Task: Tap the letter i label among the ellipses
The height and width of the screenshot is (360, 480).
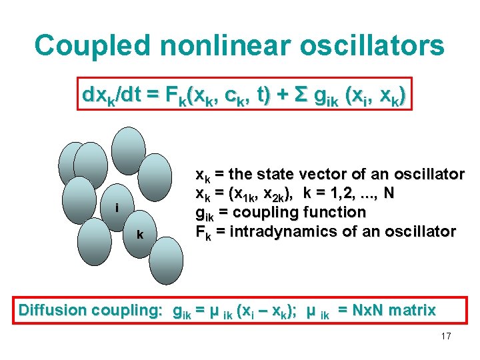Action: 117,208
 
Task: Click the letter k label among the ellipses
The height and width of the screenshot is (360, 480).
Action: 140,234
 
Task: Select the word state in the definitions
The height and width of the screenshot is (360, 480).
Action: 281,175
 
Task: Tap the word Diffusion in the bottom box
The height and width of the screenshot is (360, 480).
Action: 53,310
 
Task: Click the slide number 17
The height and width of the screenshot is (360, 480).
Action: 446,336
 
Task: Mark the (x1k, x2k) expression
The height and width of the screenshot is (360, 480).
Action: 259,194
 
